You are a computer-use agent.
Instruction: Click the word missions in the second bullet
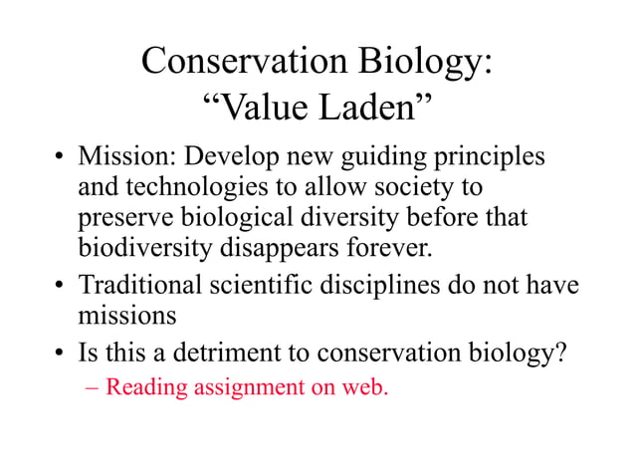pyautogui.click(x=127, y=316)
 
